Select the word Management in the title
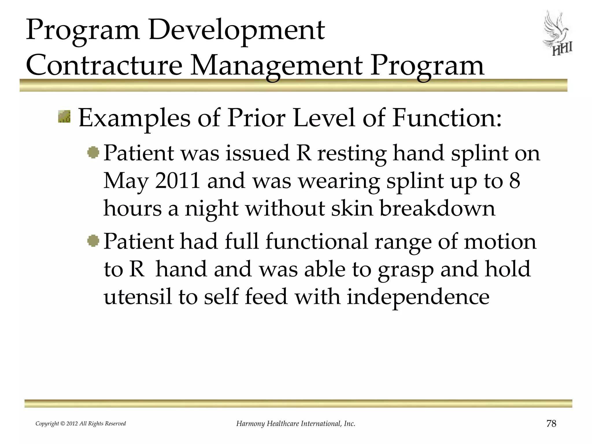(277, 66)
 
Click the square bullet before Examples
(64, 116)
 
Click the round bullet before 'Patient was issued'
(93, 152)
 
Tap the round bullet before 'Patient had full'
(93, 240)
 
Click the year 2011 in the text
(177, 181)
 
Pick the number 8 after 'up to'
(515, 181)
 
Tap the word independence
(418, 297)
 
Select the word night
(212, 209)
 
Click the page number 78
(551, 423)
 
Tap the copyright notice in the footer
(81, 424)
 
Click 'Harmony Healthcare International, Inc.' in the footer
(296, 424)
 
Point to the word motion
(500, 241)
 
